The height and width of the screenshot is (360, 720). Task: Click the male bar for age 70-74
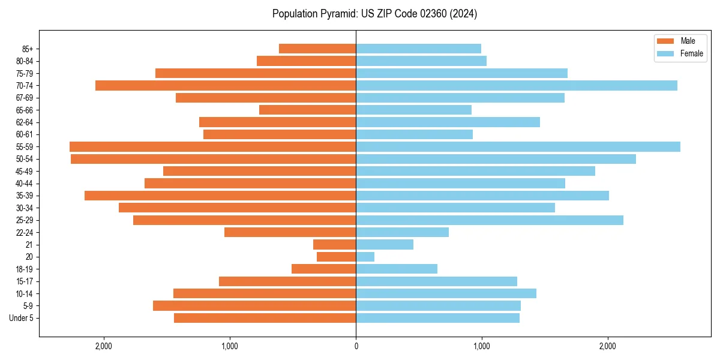pyautogui.click(x=226, y=86)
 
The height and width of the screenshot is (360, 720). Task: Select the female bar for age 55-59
pyautogui.click(x=518, y=147)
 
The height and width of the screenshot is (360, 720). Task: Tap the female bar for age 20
pyautogui.click(x=365, y=257)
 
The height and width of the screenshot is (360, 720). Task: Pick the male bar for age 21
pyautogui.click(x=334, y=245)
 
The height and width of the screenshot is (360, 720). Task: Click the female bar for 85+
pyautogui.click(x=418, y=49)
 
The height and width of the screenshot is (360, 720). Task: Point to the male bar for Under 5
pyautogui.click(x=265, y=318)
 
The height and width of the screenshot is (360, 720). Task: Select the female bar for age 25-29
pyautogui.click(x=490, y=220)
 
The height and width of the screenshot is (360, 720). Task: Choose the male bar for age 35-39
pyautogui.click(x=220, y=196)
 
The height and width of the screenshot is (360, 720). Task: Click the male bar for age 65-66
pyautogui.click(x=307, y=110)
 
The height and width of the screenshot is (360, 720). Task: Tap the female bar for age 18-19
pyautogui.click(x=397, y=269)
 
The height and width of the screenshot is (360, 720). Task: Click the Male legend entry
pyautogui.click(x=679, y=41)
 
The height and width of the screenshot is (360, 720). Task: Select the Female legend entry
pyautogui.click(x=683, y=53)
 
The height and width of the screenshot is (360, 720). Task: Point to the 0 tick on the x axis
pyautogui.click(x=356, y=346)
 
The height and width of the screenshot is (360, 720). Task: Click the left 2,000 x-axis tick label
pyautogui.click(x=104, y=346)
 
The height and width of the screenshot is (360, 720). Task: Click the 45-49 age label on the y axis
pyautogui.click(x=25, y=172)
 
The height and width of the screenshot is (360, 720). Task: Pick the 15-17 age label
pyautogui.click(x=25, y=281)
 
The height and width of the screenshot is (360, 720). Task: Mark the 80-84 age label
pyautogui.click(x=25, y=61)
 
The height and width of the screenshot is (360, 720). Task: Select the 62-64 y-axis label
pyautogui.click(x=25, y=122)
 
